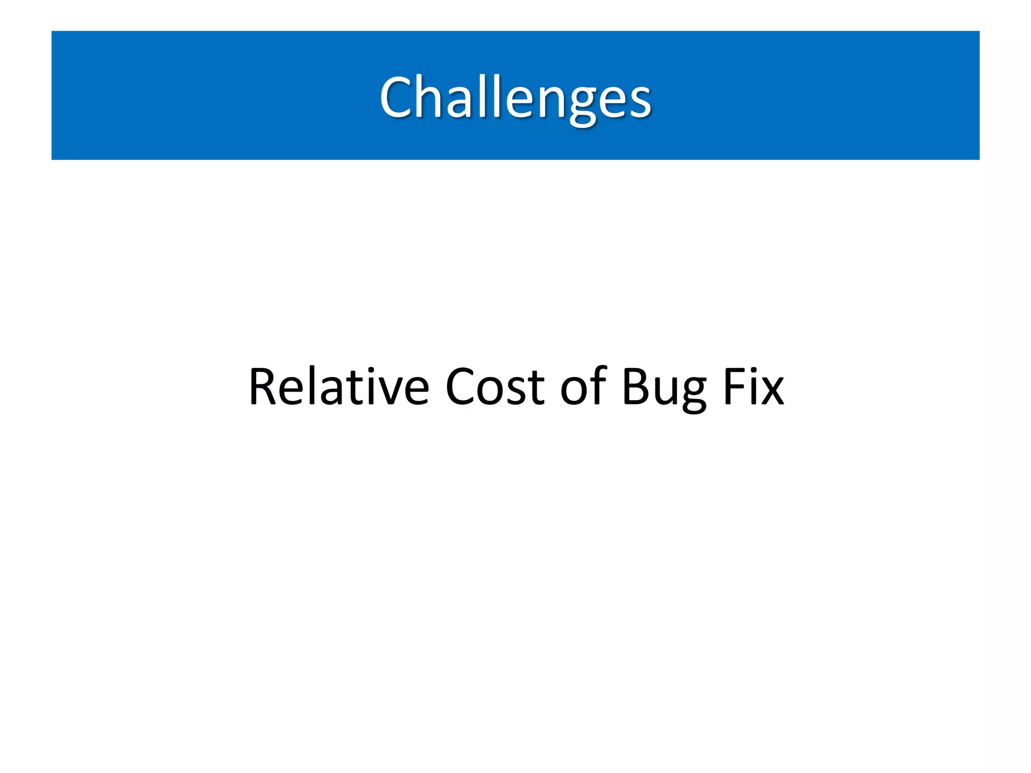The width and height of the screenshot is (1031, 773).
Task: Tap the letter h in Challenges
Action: pos(429,96)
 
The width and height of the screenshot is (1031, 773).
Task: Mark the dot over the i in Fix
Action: pos(753,371)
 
